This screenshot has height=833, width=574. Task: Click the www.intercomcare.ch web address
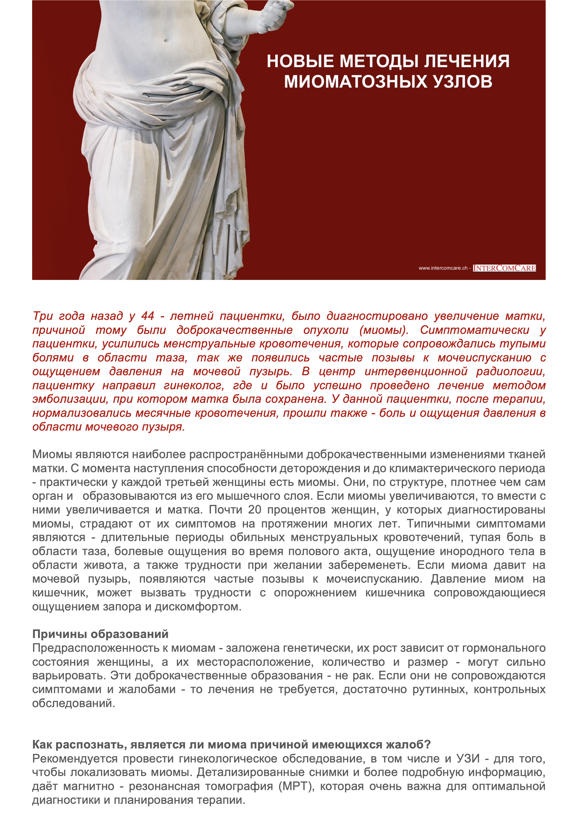coord(443,268)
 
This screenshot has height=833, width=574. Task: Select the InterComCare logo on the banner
coord(504,268)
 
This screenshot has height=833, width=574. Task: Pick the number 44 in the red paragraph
coord(148,316)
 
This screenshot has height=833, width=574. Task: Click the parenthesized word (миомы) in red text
coord(384,330)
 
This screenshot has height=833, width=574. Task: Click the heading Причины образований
coord(100,634)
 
